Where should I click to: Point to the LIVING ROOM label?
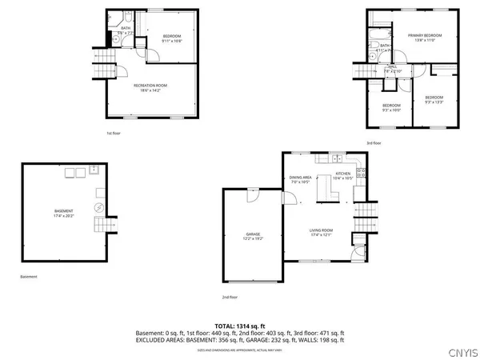click(321, 230)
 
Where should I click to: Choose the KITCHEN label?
click(343, 174)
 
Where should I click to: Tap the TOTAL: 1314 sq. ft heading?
click(240, 326)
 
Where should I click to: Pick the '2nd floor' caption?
click(230, 297)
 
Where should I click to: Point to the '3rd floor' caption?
click(374, 143)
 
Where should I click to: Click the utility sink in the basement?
click(94, 170)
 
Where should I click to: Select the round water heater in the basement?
click(98, 206)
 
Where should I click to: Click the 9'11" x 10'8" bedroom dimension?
click(172, 39)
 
